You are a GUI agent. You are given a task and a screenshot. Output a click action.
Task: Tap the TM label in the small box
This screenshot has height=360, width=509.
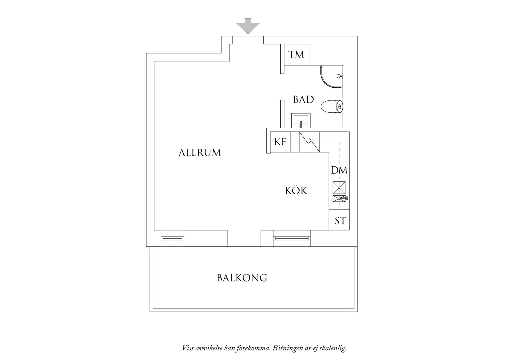click(296, 54)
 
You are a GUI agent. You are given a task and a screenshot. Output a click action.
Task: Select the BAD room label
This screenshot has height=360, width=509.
click(304, 100)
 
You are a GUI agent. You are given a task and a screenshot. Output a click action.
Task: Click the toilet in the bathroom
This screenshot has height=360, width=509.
click(332, 106)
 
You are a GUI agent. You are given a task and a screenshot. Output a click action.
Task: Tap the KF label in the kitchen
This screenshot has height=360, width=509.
click(280, 142)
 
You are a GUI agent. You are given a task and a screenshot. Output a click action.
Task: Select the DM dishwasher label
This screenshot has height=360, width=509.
click(339, 170)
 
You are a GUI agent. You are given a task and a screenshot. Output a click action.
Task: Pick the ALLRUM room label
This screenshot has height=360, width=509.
click(200, 153)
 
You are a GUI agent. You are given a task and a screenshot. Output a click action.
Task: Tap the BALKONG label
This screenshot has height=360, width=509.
click(242, 278)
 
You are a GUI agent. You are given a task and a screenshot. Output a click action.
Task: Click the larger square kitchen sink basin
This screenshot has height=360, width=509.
click(339, 188)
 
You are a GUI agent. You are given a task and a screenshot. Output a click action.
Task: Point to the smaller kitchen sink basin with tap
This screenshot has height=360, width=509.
click(340, 198)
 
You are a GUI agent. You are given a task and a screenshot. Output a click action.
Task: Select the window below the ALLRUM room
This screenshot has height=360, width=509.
click(172, 238)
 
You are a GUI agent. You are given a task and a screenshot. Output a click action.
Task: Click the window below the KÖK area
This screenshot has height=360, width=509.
click(292, 238)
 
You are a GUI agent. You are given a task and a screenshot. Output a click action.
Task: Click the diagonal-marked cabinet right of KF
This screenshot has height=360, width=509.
click(309, 142)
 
